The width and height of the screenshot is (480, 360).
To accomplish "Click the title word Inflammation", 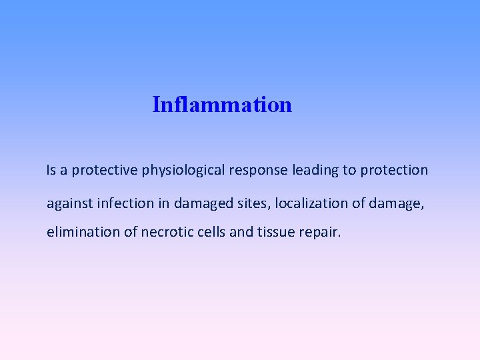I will (222, 105).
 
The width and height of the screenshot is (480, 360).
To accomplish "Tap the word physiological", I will (183, 171).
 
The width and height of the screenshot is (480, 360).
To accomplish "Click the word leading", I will (315, 171).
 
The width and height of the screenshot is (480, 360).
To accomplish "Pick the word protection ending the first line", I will (394, 170).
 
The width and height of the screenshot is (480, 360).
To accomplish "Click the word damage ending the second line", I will (397, 203).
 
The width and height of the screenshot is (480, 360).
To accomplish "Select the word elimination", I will (79, 233).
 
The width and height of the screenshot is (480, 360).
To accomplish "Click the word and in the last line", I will (241, 233).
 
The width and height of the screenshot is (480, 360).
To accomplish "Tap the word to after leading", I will (349, 170).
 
